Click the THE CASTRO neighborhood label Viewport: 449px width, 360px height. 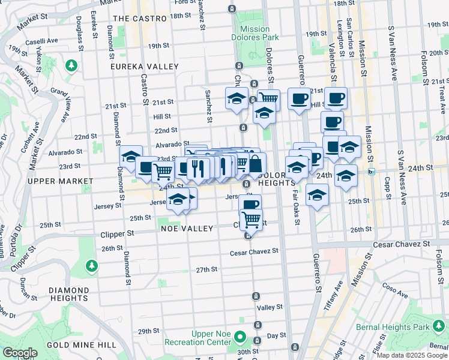[x=139, y=19]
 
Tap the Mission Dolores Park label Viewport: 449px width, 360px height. [x=259, y=33]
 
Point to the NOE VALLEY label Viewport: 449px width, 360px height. [x=187, y=229]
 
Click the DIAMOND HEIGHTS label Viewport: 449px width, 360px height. [x=70, y=294]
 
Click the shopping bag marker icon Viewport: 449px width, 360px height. [x=256, y=164]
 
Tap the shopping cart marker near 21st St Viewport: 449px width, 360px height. [x=268, y=98]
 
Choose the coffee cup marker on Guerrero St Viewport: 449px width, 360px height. [x=298, y=99]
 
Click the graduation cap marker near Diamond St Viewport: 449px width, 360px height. [x=131, y=157]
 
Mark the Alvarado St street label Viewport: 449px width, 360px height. [x=169, y=145]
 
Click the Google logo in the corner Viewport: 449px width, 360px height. [x=20, y=353]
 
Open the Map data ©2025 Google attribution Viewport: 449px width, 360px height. [x=411, y=355]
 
